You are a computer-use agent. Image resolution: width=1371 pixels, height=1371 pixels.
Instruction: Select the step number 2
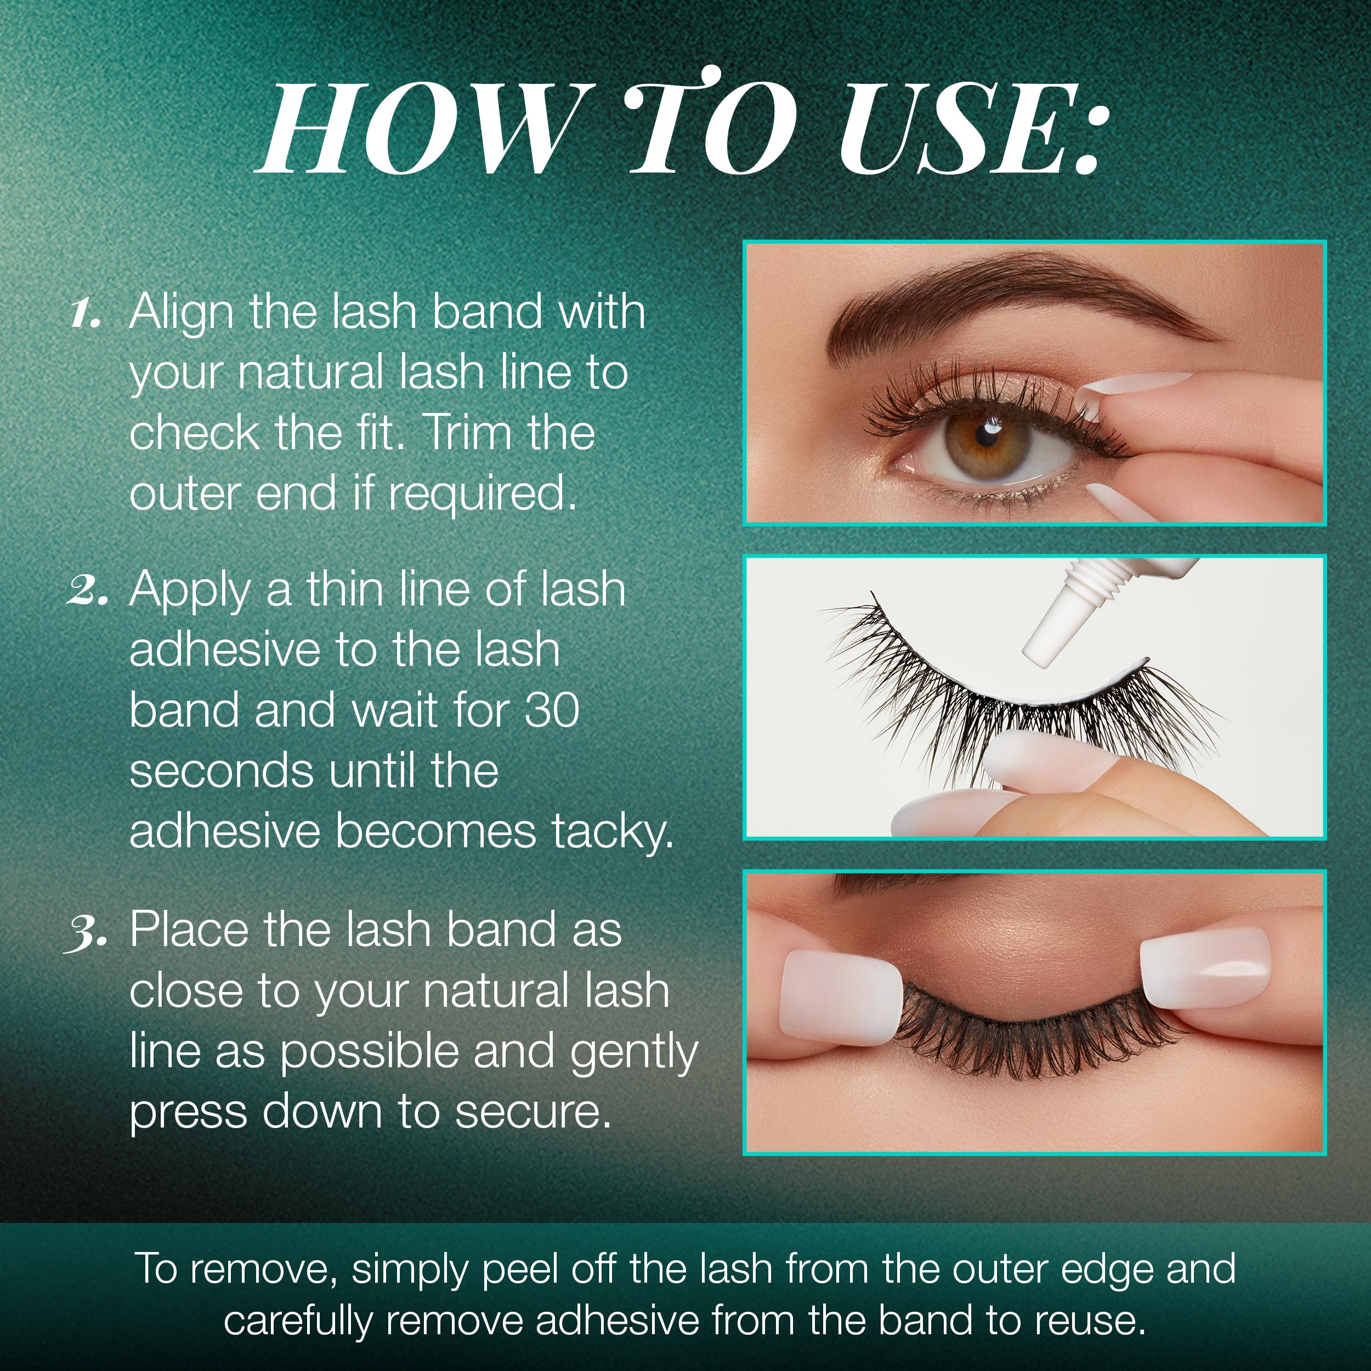87,591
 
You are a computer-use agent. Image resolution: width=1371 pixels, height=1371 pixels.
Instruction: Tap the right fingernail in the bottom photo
1204,967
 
